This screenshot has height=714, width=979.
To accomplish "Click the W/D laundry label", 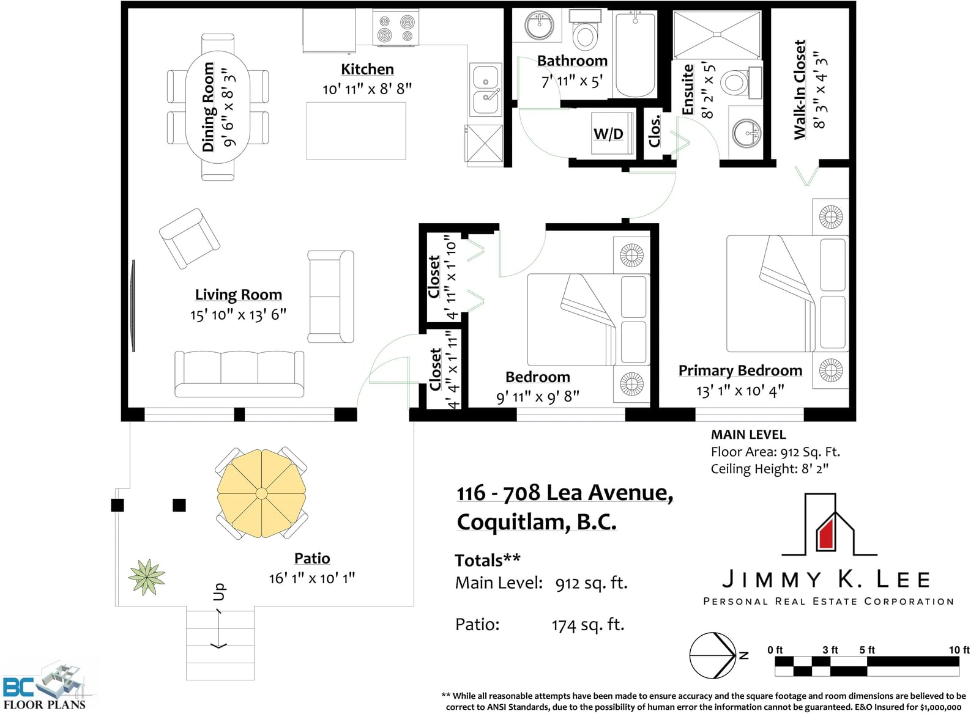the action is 608,134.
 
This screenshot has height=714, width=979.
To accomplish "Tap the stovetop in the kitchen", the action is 395,28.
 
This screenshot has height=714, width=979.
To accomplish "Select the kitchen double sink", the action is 485,89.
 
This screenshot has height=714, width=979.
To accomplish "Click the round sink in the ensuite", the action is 746,133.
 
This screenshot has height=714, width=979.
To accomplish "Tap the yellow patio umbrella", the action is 261,493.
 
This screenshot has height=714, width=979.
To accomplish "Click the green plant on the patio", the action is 147,577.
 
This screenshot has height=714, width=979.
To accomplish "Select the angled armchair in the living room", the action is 189,238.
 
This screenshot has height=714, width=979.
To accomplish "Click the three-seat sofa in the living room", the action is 239,374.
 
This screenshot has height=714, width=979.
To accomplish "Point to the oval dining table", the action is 218,108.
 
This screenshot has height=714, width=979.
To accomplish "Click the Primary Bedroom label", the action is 740,370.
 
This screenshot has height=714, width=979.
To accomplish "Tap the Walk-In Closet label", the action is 800,89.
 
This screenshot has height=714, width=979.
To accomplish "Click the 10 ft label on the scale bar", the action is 959,650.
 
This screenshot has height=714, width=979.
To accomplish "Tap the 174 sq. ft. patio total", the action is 588,625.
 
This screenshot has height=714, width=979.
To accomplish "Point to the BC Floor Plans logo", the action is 45,686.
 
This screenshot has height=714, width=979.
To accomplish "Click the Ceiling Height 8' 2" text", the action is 769,469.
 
